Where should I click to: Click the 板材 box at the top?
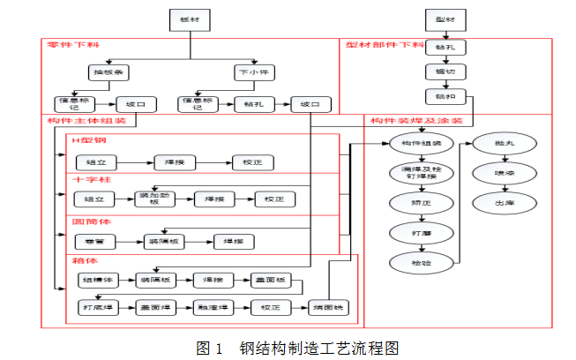click(x=187, y=19)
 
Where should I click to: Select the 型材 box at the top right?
click(x=444, y=19)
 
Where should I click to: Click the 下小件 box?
click(x=252, y=71)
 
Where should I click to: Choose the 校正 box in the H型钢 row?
click(x=252, y=162)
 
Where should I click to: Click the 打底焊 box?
click(x=96, y=307)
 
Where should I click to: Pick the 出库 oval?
click(x=490, y=202)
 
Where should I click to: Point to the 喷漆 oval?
click(x=490, y=172)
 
